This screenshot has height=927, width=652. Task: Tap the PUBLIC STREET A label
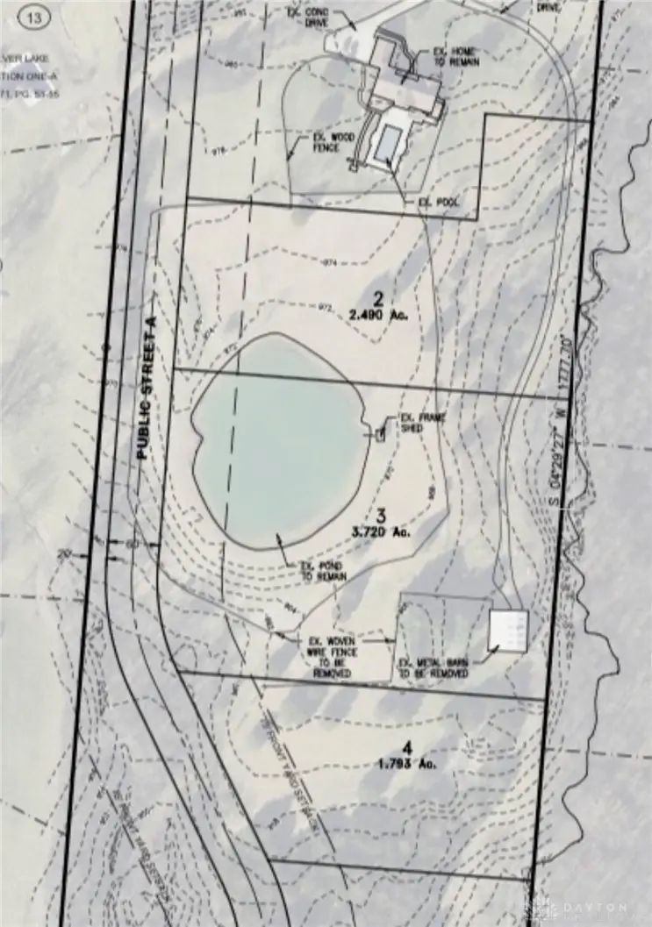(145, 390)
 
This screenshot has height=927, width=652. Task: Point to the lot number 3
(381, 515)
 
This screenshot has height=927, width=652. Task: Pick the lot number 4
(405, 747)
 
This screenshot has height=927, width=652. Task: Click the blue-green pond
(276, 439)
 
